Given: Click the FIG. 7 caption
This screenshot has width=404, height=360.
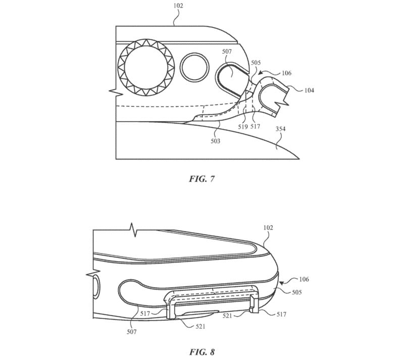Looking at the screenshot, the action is coord(201,179).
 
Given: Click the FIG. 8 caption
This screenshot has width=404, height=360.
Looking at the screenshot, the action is coord(201,352).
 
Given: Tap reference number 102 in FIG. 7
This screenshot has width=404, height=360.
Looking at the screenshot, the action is coord(178,6).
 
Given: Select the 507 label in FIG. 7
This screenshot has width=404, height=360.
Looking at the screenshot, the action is coord(227,52).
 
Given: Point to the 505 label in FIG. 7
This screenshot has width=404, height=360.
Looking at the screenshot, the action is coord(256,63).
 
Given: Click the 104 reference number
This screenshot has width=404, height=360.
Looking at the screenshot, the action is coord(309,90).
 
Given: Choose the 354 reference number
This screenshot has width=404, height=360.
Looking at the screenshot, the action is coord(281,129).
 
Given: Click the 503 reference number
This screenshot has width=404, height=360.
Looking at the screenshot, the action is coord(216,141).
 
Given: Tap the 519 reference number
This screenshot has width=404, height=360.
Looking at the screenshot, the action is coord(243,127).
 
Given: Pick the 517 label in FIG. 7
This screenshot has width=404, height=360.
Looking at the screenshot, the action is coord(255,127).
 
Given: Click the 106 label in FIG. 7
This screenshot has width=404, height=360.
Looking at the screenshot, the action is coord(286,73).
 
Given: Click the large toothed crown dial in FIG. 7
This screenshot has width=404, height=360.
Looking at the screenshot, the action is coord(146,68).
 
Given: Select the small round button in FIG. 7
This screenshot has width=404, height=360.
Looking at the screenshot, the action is coord(194,67).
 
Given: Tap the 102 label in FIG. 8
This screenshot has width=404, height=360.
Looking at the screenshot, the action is coord(268,228).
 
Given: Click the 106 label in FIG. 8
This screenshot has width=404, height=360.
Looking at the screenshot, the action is coord(304,279).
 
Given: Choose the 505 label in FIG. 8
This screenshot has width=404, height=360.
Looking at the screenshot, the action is coord(296,292).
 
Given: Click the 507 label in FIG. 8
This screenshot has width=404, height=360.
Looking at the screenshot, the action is coord(131,332).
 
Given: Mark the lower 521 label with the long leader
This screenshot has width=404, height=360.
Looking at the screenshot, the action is coord(200,327).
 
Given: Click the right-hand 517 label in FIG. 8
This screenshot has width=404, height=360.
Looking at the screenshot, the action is coord(281,315).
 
